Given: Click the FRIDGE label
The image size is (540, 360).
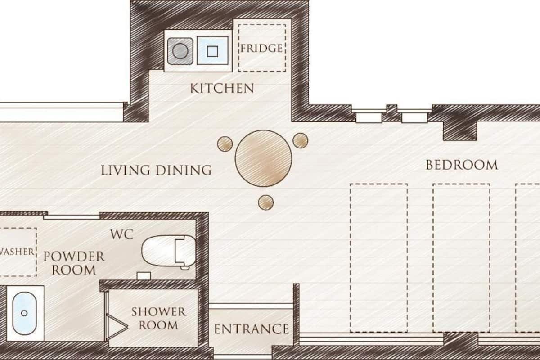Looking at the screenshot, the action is [261, 48].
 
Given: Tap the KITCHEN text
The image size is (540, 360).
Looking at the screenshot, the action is [222, 88].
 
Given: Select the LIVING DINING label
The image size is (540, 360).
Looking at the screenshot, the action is [156, 170].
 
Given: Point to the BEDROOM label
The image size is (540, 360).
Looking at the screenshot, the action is [462, 165].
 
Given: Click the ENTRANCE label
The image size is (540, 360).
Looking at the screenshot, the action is [252, 329].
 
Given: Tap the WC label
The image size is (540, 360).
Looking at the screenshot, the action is [122, 234].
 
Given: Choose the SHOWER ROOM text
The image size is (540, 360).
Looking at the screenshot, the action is [158, 319].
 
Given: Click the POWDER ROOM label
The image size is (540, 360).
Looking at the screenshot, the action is [74, 263].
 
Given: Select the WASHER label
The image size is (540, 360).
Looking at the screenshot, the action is [17, 252].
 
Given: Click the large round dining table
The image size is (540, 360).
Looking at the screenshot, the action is [264, 158].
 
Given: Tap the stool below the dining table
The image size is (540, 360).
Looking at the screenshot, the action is [266, 202].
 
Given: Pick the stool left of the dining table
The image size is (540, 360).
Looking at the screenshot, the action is [225, 144].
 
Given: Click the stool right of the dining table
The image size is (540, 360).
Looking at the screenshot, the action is [301, 140].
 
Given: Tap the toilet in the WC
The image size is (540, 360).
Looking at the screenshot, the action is [169, 251].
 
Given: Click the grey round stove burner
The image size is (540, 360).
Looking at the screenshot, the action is [180, 51].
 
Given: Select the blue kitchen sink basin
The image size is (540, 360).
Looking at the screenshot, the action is [212, 51].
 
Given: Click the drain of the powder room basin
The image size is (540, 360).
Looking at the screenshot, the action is [24, 313].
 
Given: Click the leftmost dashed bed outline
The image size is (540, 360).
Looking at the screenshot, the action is [379, 258].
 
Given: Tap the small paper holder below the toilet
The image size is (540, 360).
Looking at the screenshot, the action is [144, 275].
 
